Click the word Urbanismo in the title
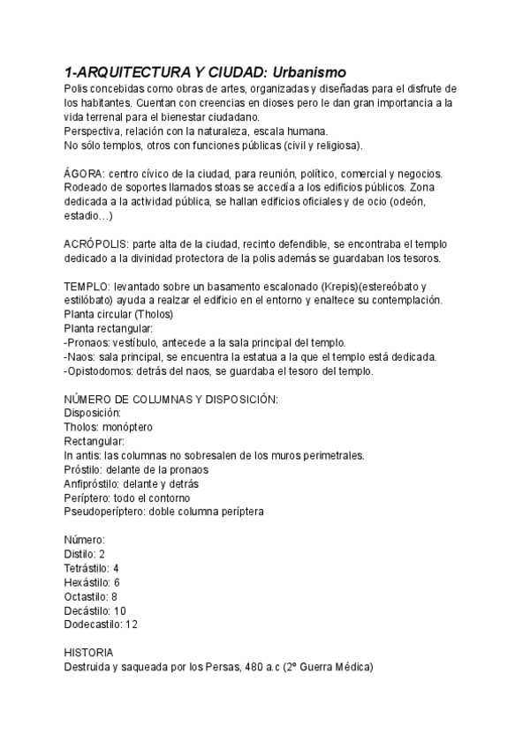(x=309, y=71)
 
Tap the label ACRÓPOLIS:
(x=95, y=243)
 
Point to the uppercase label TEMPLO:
(x=87, y=287)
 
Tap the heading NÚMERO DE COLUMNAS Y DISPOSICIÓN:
(x=171, y=399)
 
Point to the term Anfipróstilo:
(x=98, y=483)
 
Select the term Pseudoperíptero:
(x=110, y=512)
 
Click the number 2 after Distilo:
(x=102, y=554)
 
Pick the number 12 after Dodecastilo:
(x=132, y=625)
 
